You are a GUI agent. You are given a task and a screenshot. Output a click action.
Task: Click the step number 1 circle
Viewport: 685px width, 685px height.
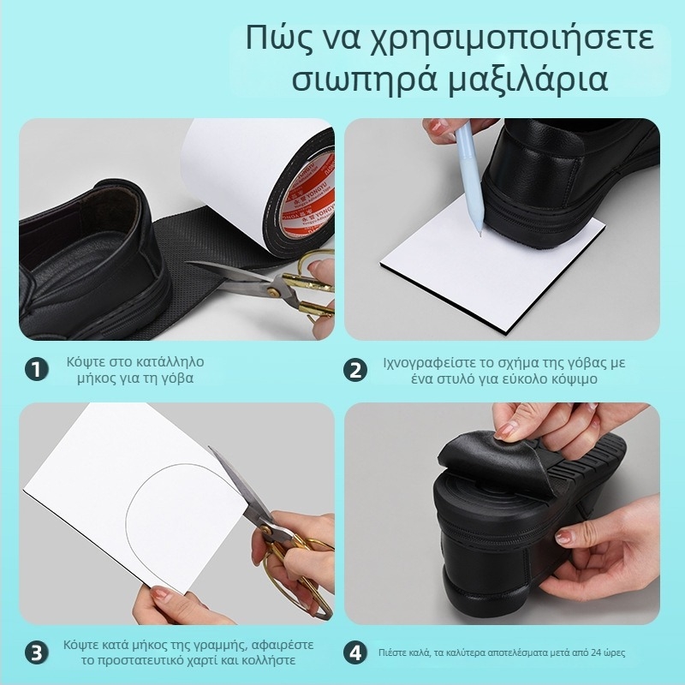(35, 370)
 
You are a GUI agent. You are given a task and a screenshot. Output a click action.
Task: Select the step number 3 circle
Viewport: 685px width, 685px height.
(35, 652)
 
